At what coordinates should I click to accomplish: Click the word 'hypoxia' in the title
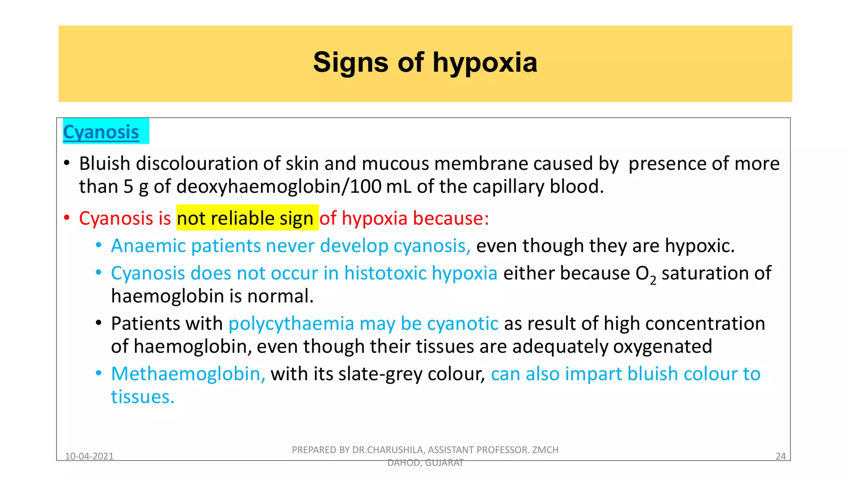485,63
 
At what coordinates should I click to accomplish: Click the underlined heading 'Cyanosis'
101,132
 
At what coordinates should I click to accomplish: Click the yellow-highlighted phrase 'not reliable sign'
245,218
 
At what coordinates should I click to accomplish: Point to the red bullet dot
66,217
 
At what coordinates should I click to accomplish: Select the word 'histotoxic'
385,273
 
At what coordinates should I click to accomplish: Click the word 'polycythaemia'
291,324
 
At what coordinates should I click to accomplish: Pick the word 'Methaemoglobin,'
188,374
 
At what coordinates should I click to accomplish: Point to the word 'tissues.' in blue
143,397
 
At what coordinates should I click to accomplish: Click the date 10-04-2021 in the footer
89,456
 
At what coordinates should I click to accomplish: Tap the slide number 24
780,456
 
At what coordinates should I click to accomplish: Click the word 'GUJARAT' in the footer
444,463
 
